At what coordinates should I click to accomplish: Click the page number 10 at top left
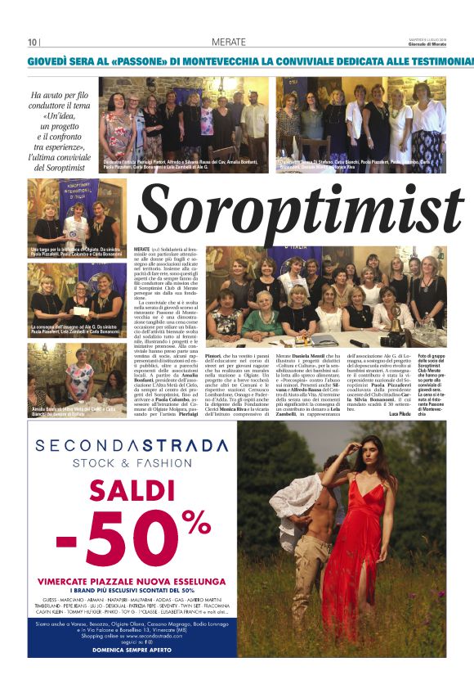(x=32, y=43)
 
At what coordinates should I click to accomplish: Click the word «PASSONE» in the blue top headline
(x=134, y=61)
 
